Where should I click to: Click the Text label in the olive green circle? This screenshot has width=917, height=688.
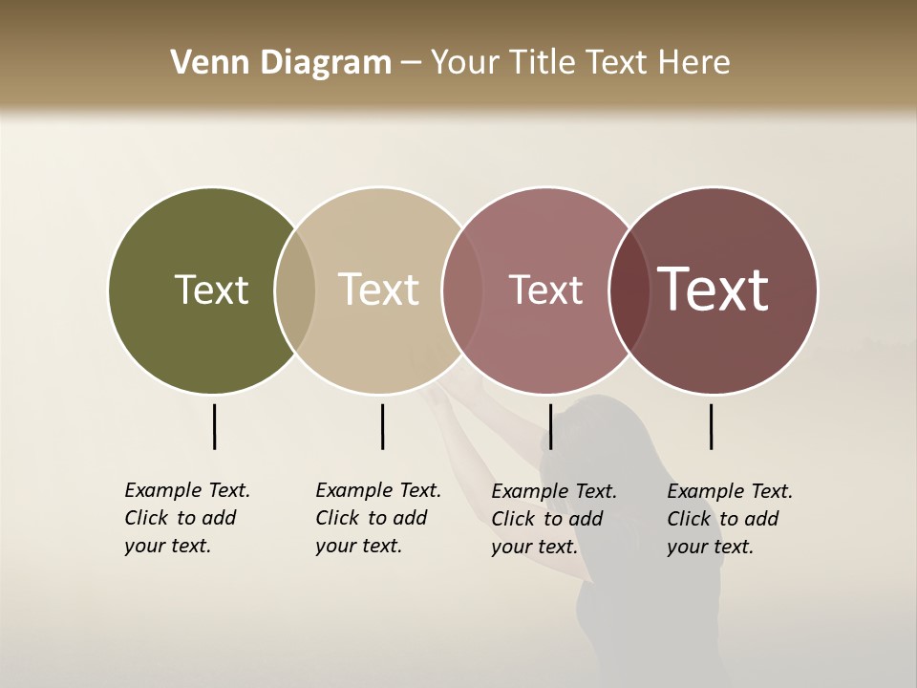211,290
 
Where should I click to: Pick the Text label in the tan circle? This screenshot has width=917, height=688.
378,290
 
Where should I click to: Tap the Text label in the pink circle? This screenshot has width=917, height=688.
545,290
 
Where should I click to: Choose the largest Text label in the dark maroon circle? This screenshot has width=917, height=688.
714,290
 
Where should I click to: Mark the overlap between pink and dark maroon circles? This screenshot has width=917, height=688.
629,290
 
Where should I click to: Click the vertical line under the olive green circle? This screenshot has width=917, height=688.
214,426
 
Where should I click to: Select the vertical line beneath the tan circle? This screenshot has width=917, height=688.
382,426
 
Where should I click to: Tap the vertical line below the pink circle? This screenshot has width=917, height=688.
550,426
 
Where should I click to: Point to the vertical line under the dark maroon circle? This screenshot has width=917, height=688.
711,426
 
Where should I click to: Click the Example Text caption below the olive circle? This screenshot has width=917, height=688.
186,518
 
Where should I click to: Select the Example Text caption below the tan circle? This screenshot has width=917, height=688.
377,518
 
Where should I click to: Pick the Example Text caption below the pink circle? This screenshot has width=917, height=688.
553,519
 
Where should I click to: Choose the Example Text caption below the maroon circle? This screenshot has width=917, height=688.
729,519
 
